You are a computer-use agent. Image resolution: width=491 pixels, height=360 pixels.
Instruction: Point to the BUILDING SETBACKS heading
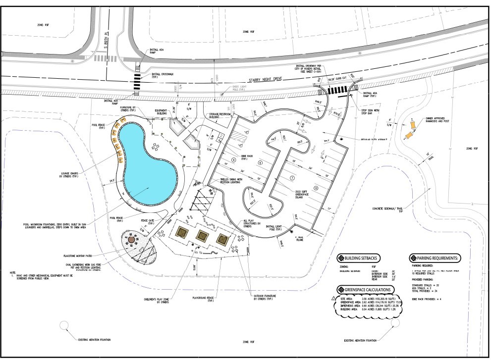(361, 258)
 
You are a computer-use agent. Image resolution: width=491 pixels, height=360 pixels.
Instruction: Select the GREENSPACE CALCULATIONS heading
(367, 290)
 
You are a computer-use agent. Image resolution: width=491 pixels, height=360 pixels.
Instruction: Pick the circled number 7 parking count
(292, 177)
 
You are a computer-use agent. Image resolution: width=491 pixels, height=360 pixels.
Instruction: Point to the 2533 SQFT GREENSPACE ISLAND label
(304, 194)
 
